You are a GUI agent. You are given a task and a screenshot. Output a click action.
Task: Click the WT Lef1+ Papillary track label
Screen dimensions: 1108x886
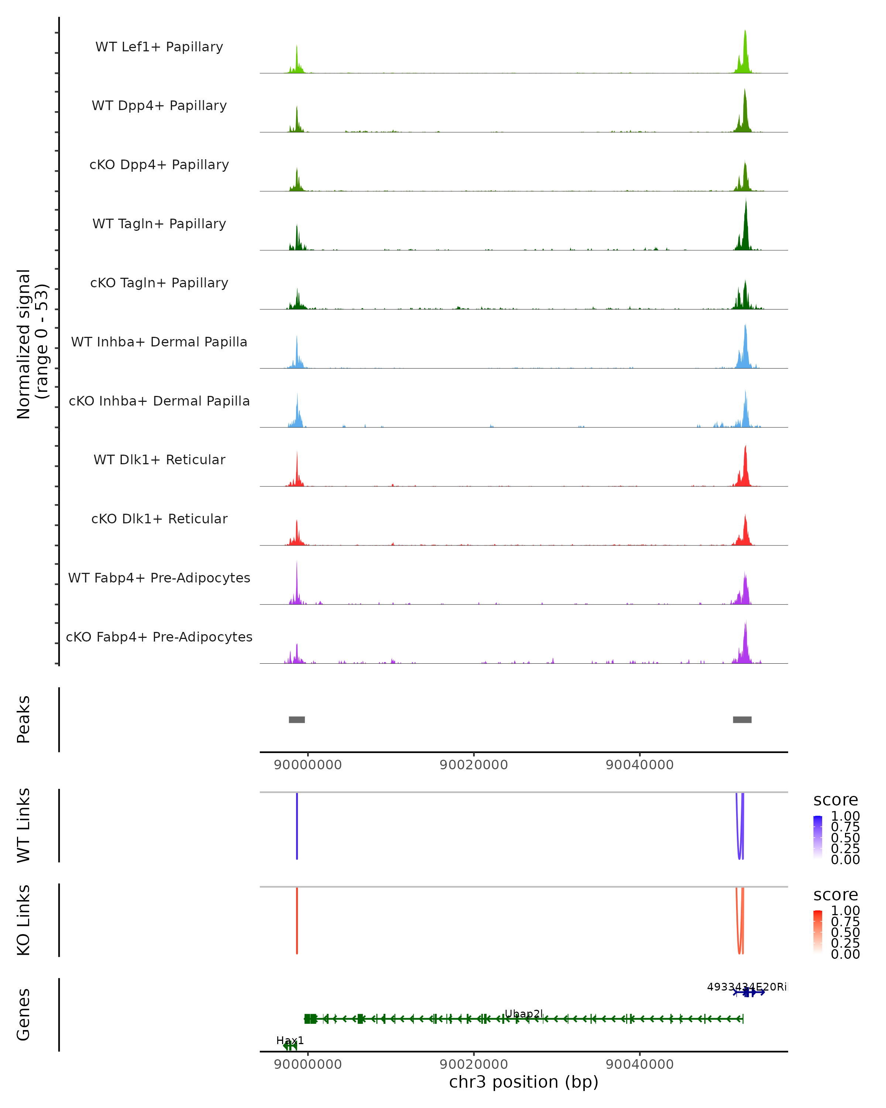pos(159,47)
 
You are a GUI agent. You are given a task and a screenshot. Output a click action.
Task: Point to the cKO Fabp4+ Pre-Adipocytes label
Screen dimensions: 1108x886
pos(159,637)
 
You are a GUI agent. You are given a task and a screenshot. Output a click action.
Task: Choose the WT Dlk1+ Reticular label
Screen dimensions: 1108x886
pos(159,459)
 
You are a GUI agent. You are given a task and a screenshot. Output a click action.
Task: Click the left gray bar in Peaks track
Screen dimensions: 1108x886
pos(297,719)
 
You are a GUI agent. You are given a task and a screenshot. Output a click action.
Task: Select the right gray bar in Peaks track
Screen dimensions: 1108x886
pos(742,719)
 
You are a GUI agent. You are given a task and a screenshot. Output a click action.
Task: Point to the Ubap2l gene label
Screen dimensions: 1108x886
pos(523,1013)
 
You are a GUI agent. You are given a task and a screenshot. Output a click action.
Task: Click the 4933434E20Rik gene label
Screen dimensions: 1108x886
pos(746,987)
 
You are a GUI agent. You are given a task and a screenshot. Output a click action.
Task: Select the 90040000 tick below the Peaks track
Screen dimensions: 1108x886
pos(639,765)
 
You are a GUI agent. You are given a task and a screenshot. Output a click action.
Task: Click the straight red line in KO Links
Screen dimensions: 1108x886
pos(297,920)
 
